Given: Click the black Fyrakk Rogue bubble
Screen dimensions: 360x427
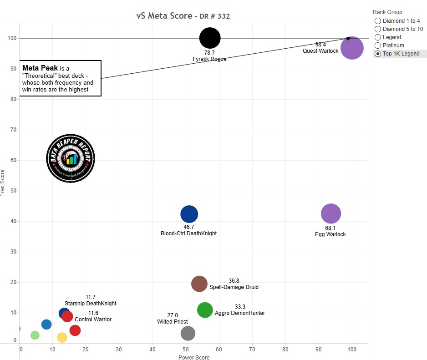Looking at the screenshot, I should (210, 38).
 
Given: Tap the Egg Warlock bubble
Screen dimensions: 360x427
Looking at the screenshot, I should (331, 213).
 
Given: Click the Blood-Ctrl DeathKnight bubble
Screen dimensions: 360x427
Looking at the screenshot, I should (189, 214).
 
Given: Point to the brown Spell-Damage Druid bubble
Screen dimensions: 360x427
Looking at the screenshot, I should (199, 284).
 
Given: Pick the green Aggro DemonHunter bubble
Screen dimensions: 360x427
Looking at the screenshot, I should (205, 310).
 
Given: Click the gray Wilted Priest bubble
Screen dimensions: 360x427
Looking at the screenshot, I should (188, 333).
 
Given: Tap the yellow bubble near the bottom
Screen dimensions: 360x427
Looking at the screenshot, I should (62, 337).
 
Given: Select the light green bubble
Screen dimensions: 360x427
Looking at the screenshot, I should (35, 335).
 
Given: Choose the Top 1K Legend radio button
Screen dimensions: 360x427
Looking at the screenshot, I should (377, 54).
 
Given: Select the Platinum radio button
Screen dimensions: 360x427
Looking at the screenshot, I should (377, 46).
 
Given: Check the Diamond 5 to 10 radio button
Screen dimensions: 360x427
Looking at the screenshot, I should (377, 29).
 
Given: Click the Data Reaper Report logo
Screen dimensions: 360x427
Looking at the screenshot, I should (71, 158).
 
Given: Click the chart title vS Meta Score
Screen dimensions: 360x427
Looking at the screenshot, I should (164, 16).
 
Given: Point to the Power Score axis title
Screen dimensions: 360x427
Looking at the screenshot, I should (194, 357).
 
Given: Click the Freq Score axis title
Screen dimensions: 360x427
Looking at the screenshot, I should (4, 183).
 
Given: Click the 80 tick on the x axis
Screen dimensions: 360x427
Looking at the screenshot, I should (285, 350).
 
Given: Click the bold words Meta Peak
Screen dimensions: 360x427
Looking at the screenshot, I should (40, 68).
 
